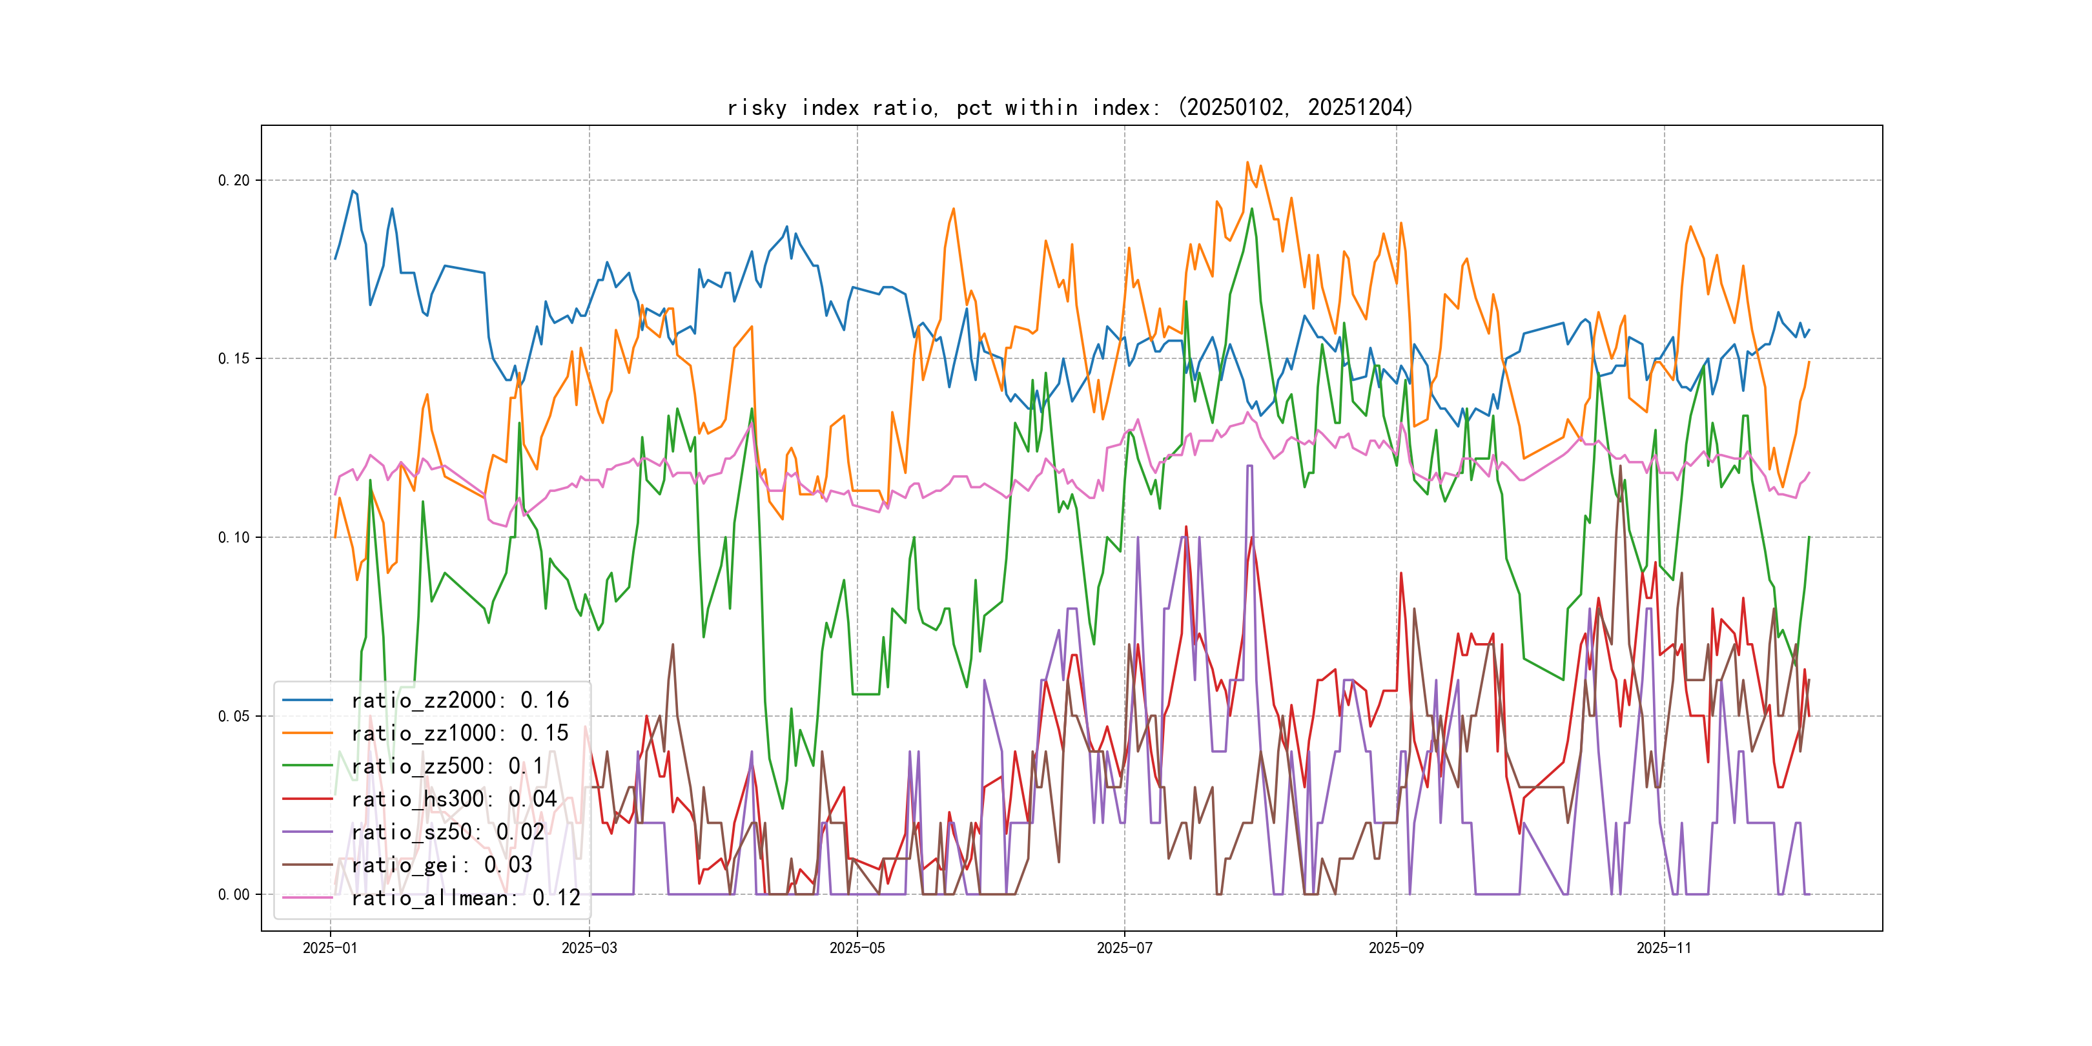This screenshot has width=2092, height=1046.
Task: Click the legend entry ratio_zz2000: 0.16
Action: click(460, 700)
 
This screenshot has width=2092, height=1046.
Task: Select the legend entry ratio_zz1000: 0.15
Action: click(460, 733)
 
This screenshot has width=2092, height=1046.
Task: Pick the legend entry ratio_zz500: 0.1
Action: click(447, 766)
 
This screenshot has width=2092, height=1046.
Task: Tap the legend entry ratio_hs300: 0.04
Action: click(454, 799)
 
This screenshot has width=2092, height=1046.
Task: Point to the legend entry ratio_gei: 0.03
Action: click(442, 865)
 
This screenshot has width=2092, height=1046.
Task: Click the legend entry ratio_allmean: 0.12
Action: click(466, 898)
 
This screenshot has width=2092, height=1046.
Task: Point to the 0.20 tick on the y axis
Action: click(234, 180)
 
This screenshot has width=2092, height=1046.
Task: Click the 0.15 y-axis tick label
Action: click(234, 359)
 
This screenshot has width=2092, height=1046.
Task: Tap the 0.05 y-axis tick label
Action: click(234, 716)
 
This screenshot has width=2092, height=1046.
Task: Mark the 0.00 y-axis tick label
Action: click(234, 895)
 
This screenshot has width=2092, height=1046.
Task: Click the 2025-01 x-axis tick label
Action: click(330, 949)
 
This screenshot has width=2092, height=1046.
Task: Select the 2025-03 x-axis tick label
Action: click(589, 949)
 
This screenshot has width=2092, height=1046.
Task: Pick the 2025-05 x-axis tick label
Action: click(857, 949)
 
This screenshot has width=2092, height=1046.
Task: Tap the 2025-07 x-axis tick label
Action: click(1124, 949)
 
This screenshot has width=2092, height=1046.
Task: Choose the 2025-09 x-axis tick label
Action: click(1396, 949)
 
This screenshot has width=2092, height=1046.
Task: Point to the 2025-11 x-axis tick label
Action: click(1664, 949)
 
